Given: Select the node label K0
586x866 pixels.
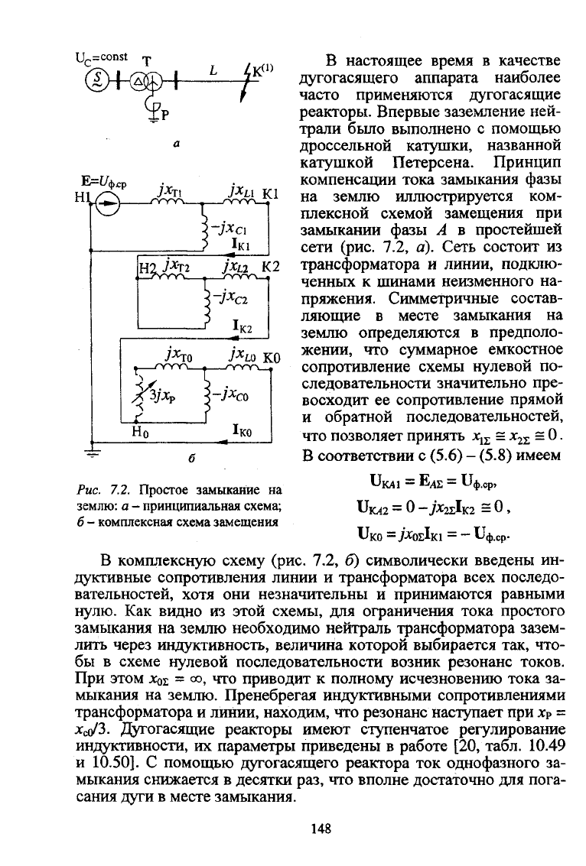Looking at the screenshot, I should [272, 358].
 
